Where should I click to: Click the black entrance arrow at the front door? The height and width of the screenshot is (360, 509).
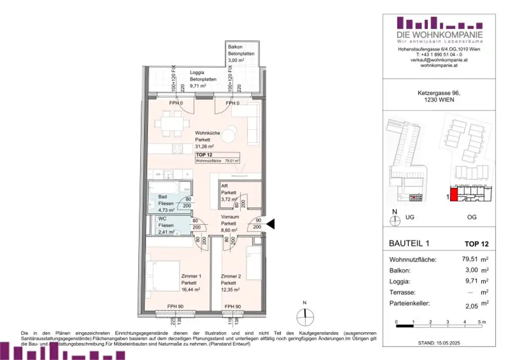[271, 225]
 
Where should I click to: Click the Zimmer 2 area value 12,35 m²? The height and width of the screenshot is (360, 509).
[231, 289]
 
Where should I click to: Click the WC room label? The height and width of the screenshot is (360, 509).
[162, 219]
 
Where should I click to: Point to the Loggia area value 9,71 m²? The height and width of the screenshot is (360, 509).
[198, 86]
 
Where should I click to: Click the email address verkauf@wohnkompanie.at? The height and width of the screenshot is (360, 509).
[439, 60]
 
